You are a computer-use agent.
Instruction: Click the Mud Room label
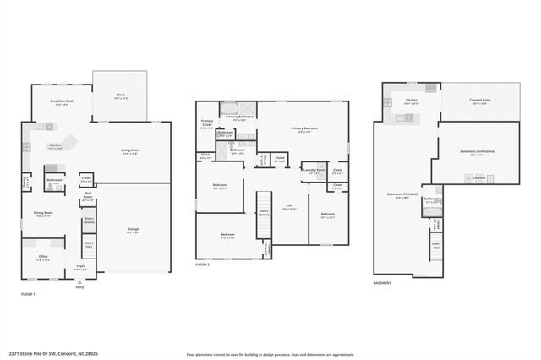pyautogui.click(x=88, y=199)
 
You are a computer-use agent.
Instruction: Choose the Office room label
pyautogui.click(x=43, y=258)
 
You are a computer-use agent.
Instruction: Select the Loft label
pyautogui.click(x=290, y=207)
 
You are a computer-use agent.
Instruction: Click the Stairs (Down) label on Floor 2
pyautogui.click(x=264, y=214)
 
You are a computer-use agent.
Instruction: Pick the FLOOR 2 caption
pyautogui.click(x=202, y=265)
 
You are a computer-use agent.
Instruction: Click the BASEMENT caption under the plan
pyautogui.click(x=382, y=283)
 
